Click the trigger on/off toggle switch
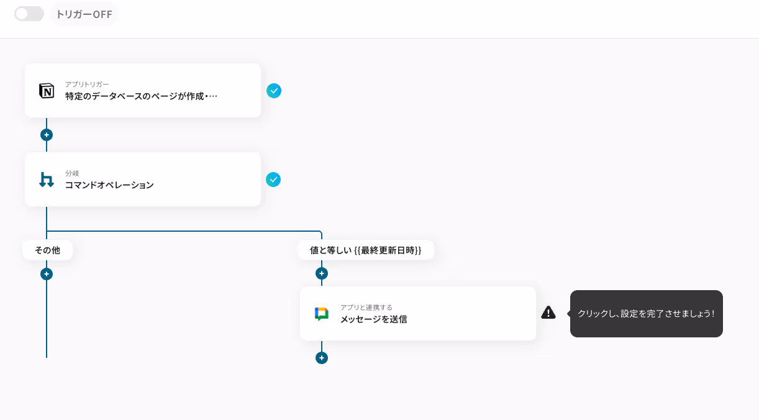[x=29, y=14]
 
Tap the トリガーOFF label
[x=84, y=14]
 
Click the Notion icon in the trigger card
[x=47, y=91]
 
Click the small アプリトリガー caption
[x=87, y=84]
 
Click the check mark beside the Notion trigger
[x=274, y=91]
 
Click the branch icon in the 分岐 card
[x=47, y=180]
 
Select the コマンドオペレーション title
[x=109, y=185]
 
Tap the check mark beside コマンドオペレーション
[x=273, y=180]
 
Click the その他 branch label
[x=47, y=250]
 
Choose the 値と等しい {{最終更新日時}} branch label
[x=365, y=250]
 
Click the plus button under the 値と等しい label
[x=322, y=273]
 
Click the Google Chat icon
[x=321, y=314]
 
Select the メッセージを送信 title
[x=373, y=319]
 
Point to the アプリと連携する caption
[x=366, y=308]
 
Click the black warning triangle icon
[x=548, y=313]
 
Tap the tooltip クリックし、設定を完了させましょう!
[x=646, y=314]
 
